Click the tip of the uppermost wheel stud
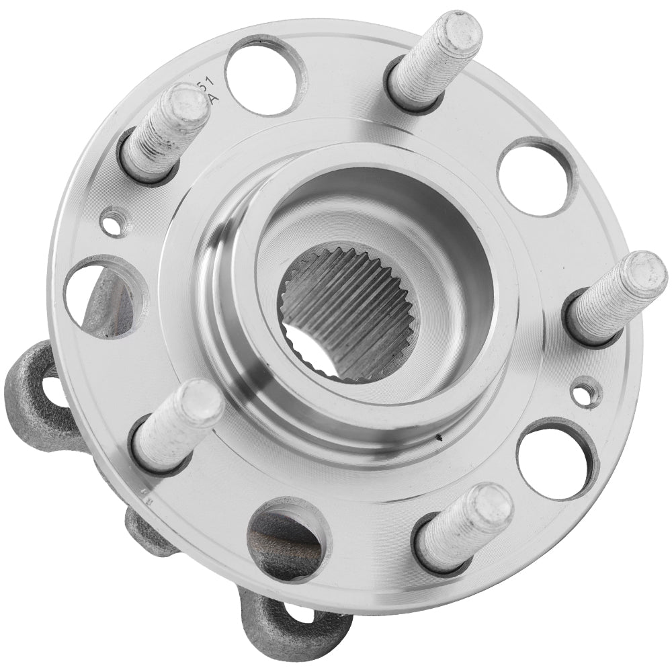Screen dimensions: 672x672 pos(458,31)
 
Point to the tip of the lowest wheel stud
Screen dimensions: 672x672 pos(490,507)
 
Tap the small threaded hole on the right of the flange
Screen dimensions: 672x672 pos(585,392)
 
